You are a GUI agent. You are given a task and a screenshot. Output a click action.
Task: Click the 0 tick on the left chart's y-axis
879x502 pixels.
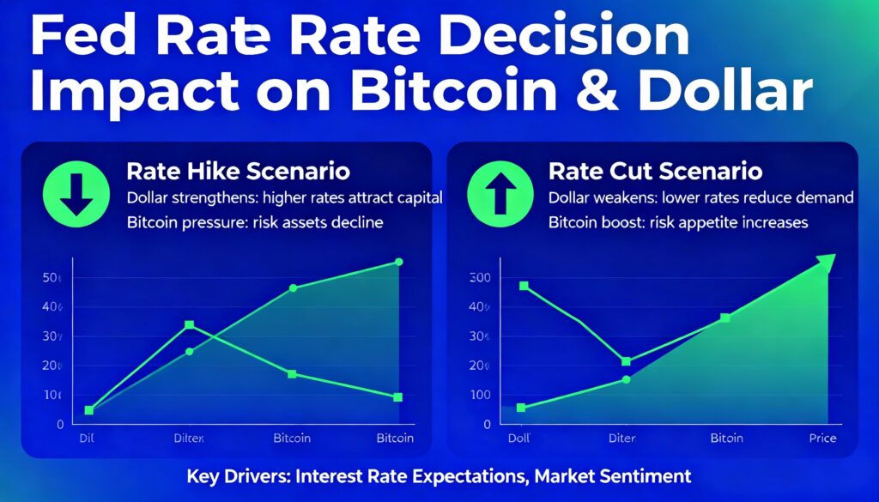click(59, 424)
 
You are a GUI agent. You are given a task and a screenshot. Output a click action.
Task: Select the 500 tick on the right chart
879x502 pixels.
click(479, 278)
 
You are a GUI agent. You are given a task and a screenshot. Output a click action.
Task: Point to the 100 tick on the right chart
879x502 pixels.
click(479, 395)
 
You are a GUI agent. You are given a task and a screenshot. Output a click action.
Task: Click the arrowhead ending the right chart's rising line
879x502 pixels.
click(826, 263)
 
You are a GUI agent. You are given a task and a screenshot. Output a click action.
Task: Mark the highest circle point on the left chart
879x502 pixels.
click(397, 262)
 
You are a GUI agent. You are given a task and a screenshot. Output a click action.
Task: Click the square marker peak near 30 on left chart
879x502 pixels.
click(189, 325)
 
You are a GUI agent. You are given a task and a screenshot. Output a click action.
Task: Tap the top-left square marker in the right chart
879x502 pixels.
click(524, 286)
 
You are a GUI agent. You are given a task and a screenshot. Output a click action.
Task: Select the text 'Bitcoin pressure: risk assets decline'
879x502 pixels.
click(254, 222)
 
